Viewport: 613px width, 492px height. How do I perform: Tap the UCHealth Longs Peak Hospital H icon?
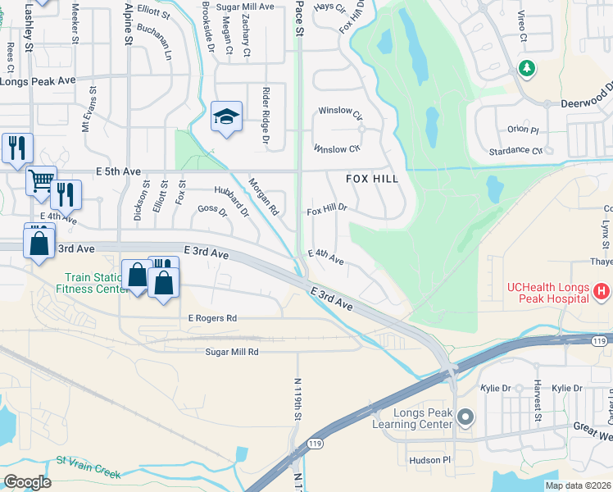[601, 291]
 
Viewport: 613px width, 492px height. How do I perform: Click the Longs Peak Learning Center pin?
[465, 418]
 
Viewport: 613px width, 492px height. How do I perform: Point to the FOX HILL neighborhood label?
[372, 179]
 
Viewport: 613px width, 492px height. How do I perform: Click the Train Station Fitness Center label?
[88, 283]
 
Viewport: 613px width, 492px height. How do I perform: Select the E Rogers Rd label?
[212, 318]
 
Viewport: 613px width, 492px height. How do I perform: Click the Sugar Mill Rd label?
[232, 352]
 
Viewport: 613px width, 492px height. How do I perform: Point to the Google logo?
[27, 482]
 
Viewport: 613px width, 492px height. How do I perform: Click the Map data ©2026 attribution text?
[578, 485]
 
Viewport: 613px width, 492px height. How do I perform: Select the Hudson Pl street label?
[430, 460]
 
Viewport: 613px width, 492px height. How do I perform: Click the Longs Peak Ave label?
[38, 81]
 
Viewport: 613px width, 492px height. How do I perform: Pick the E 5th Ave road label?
[119, 171]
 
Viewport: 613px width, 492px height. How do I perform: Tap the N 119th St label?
[297, 399]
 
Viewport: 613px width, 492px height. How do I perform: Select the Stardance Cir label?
[515, 151]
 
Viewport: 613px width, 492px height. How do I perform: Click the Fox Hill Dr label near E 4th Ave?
[327, 210]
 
